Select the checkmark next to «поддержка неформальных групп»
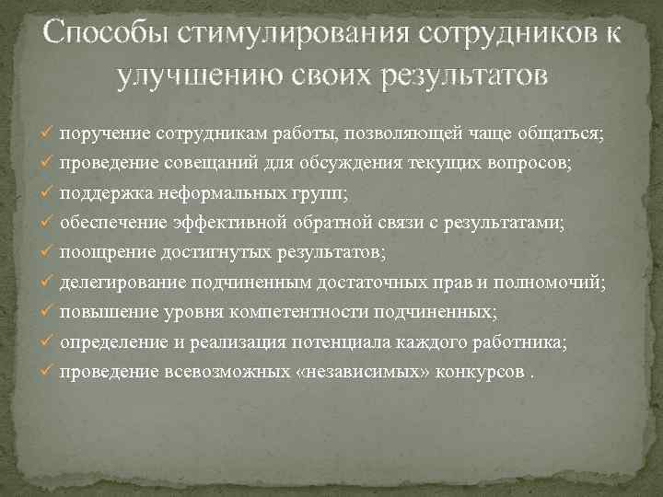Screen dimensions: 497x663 49,193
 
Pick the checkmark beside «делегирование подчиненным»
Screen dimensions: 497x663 49,283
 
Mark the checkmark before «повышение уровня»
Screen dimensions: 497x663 49,313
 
